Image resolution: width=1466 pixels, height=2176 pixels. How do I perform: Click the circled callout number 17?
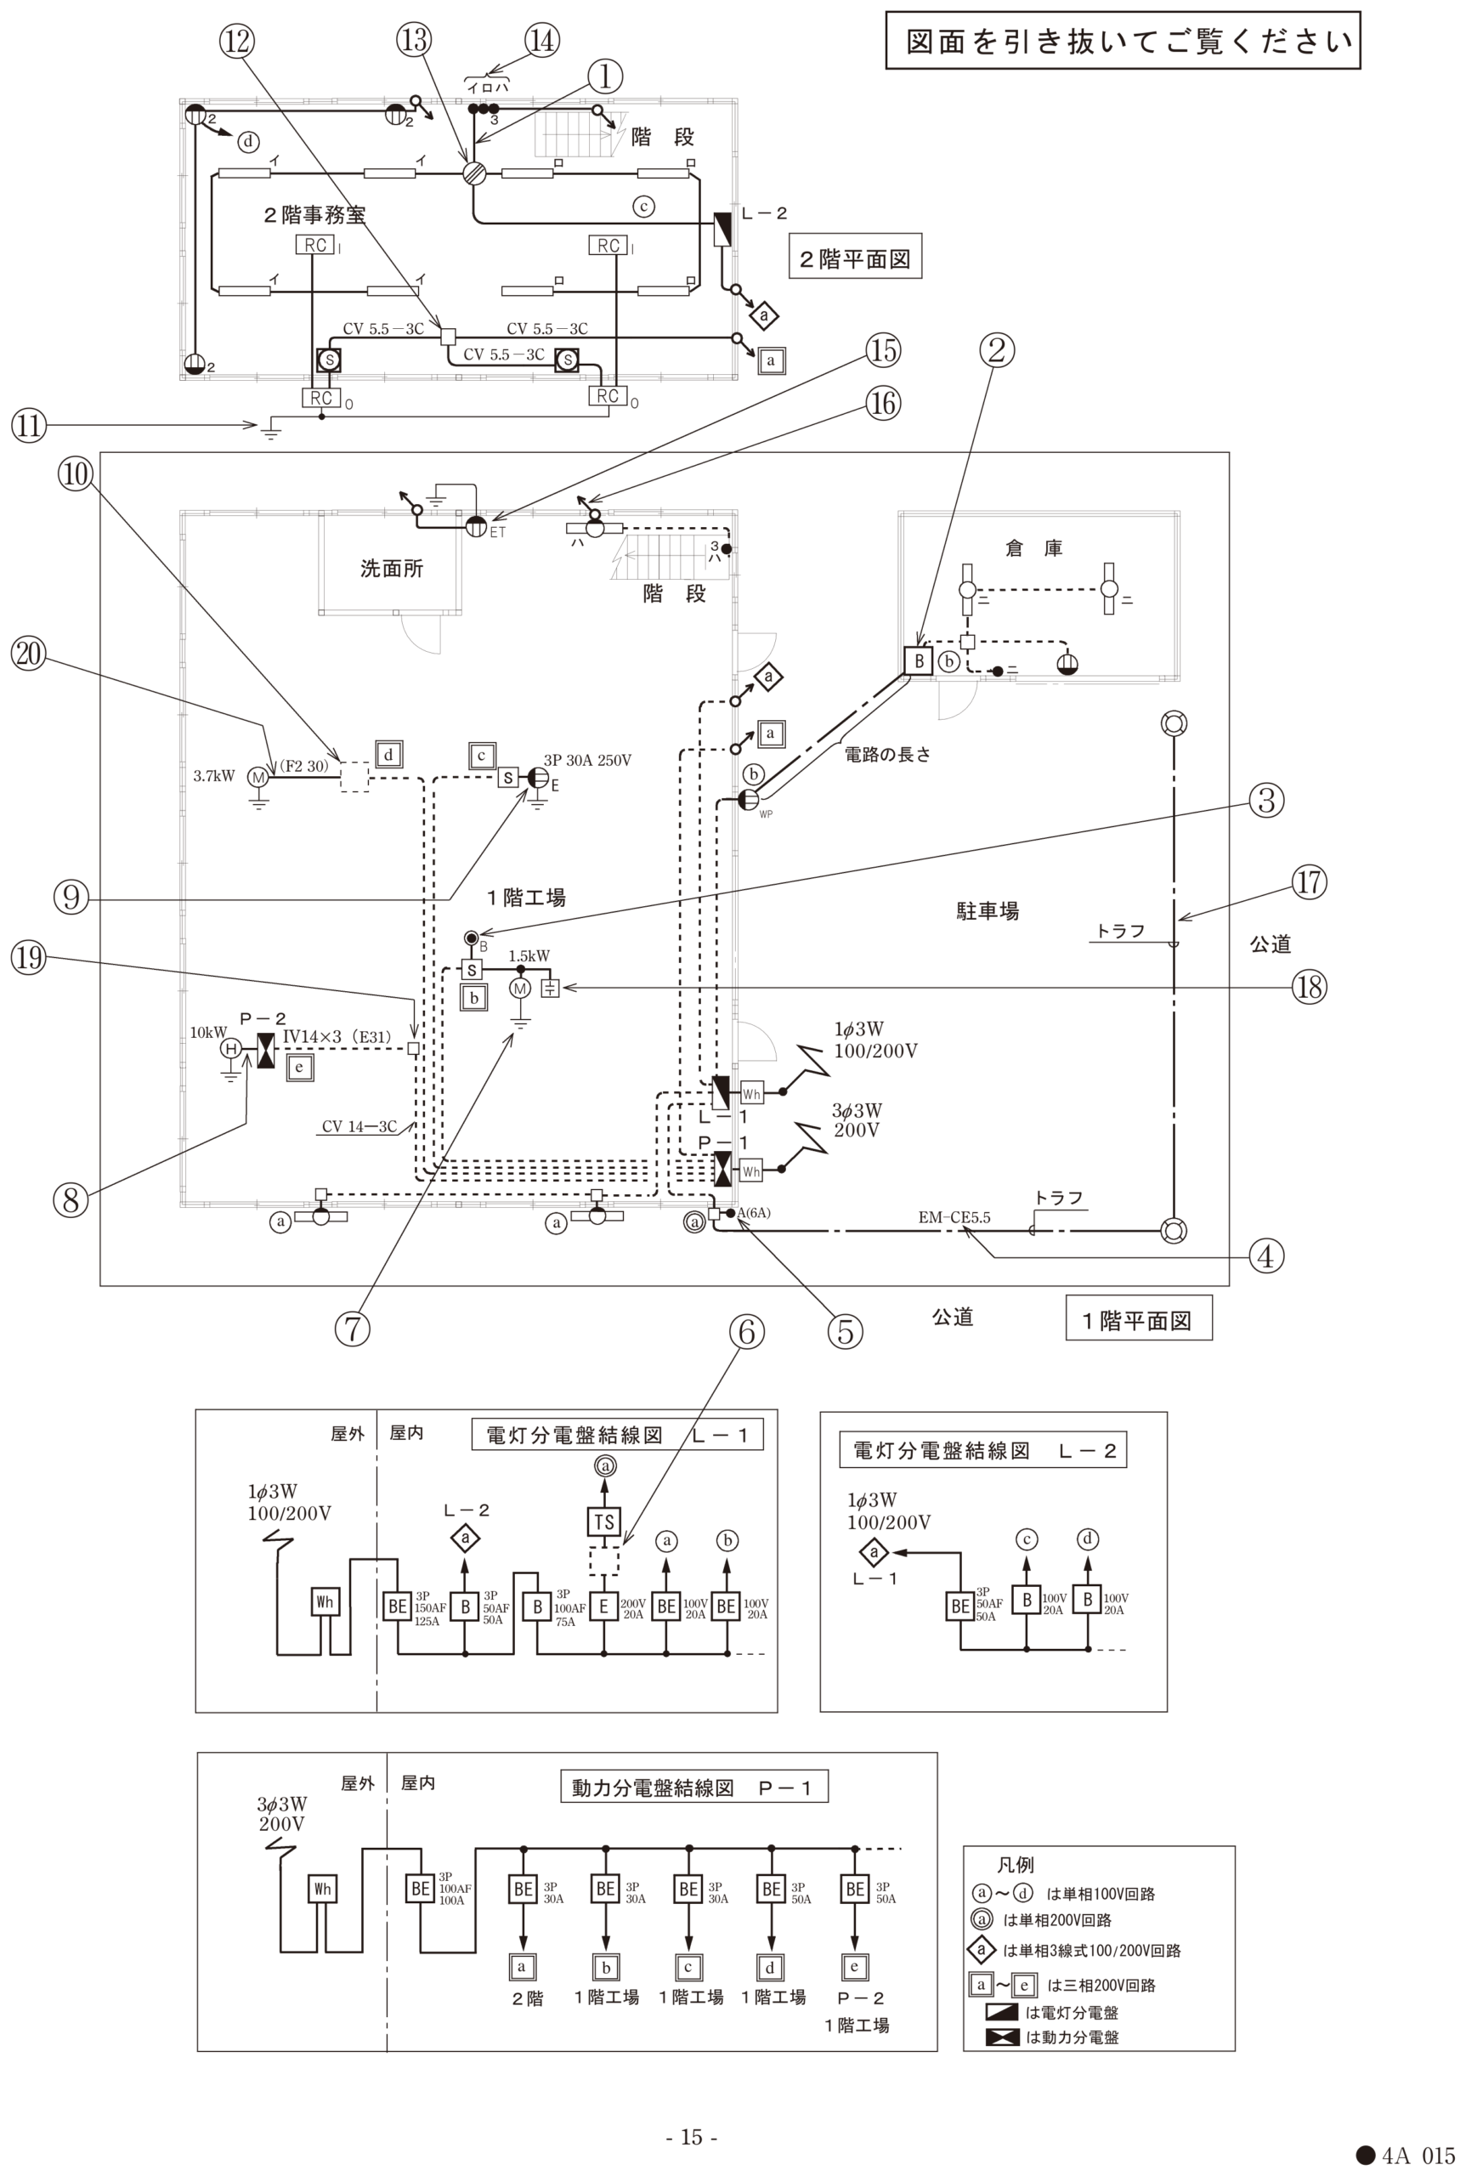tap(1309, 881)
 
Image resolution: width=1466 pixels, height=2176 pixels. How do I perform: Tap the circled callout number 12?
tap(236, 40)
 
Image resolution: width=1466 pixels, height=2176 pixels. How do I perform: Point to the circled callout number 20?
tap(28, 653)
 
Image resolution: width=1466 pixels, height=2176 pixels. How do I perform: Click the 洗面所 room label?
tap(392, 569)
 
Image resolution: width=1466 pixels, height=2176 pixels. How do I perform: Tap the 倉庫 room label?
tap(1034, 548)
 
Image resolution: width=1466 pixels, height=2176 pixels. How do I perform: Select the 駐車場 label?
tap(988, 911)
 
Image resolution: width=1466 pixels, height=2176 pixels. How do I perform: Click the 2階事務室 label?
tap(314, 215)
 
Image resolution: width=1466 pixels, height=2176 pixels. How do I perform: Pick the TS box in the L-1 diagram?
tap(604, 1522)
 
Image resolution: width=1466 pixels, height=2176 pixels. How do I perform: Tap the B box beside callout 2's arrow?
tap(918, 661)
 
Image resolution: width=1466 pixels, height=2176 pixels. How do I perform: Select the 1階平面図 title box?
tap(1139, 1321)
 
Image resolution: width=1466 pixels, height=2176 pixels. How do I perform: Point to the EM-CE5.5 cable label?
tap(954, 1217)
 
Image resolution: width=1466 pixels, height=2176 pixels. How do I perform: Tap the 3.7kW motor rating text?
tap(213, 776)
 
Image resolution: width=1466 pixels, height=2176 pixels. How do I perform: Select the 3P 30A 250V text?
tap(587, 760)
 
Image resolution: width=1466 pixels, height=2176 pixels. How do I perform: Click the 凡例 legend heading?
tap(1016, 1865)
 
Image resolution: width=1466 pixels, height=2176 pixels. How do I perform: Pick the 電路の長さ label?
tap(887, 755)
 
